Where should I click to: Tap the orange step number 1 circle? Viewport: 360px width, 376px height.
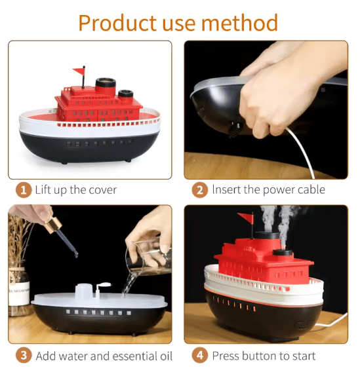(x=24, y=190)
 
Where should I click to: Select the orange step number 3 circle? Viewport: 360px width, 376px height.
(x=24, y=356)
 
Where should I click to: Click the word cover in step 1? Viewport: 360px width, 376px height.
(x=102, y=190)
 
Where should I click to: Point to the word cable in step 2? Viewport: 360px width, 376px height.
(x=309, y=190)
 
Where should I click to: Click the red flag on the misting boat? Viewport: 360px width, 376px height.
(x=245, y=218)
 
